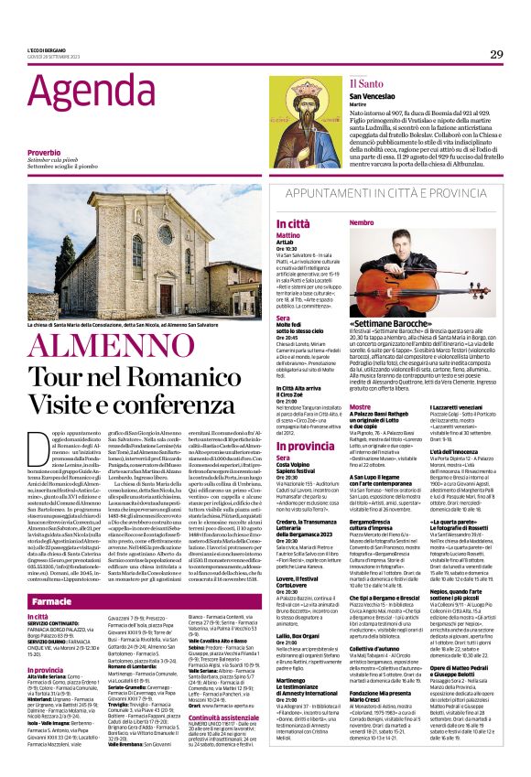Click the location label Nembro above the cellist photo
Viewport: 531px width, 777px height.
coord(362,222)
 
